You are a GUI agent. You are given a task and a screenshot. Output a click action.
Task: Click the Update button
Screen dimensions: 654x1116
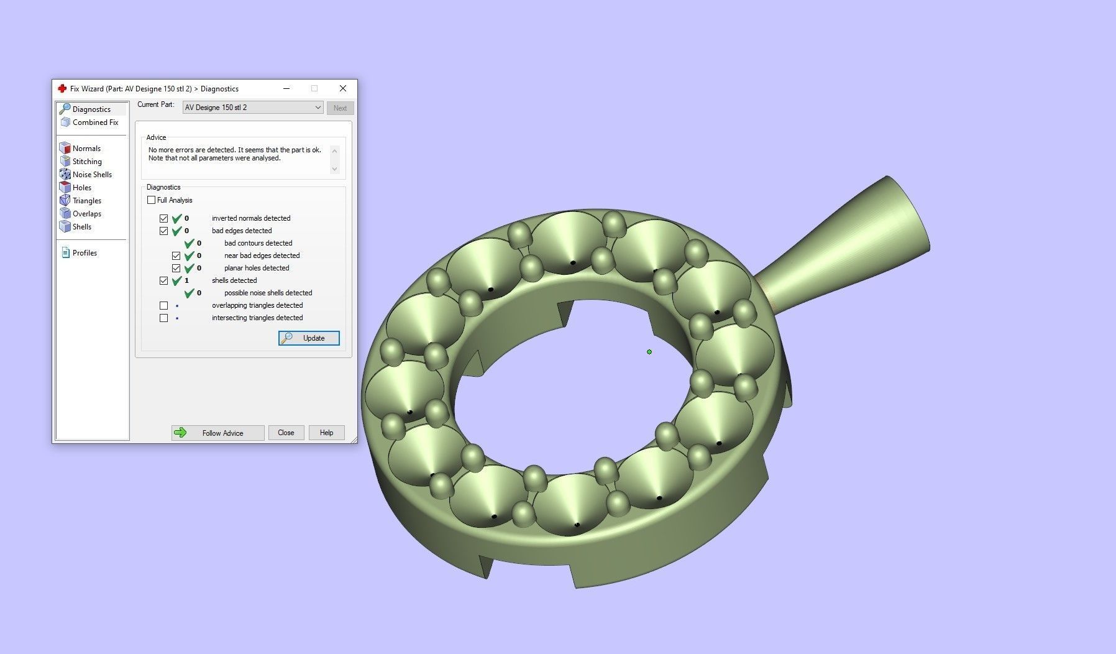[309, 338]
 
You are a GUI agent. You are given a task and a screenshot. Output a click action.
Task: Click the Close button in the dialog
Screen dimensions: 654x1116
[286, 433]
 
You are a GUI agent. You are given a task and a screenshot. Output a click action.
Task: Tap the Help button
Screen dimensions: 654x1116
[326, 433]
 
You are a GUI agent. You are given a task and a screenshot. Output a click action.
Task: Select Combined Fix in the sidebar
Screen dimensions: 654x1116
[94, 122]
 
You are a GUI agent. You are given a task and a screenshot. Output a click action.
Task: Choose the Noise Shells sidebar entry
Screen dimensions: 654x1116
[91, 175]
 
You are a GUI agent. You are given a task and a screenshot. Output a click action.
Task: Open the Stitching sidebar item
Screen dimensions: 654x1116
[86, 162]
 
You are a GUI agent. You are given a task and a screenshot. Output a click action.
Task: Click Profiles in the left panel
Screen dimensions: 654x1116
[84, 253]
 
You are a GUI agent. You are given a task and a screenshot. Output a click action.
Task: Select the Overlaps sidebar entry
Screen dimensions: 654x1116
[86, 214]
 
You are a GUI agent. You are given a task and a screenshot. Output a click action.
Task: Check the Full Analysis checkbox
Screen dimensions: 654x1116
[152, 200]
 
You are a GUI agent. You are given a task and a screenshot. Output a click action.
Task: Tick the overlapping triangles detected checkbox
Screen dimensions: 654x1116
[163, 306]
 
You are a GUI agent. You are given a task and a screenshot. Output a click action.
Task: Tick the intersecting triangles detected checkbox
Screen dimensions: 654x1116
[163, 318]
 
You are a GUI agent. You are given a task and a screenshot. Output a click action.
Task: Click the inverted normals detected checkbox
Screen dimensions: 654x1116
[163, 219]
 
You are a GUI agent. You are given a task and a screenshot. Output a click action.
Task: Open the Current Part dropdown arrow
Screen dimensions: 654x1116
[318, 108]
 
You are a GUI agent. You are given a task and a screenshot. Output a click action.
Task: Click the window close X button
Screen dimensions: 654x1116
[342, 88]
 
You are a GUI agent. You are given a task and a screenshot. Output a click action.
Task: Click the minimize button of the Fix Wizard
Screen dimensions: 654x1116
[286, 88]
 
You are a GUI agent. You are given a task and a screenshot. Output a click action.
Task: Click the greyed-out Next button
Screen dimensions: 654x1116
[340, 108]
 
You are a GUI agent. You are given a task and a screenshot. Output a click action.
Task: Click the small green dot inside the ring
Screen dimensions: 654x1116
[649, 352]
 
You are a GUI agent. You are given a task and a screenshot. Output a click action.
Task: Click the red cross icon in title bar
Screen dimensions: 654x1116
[62, 89]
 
